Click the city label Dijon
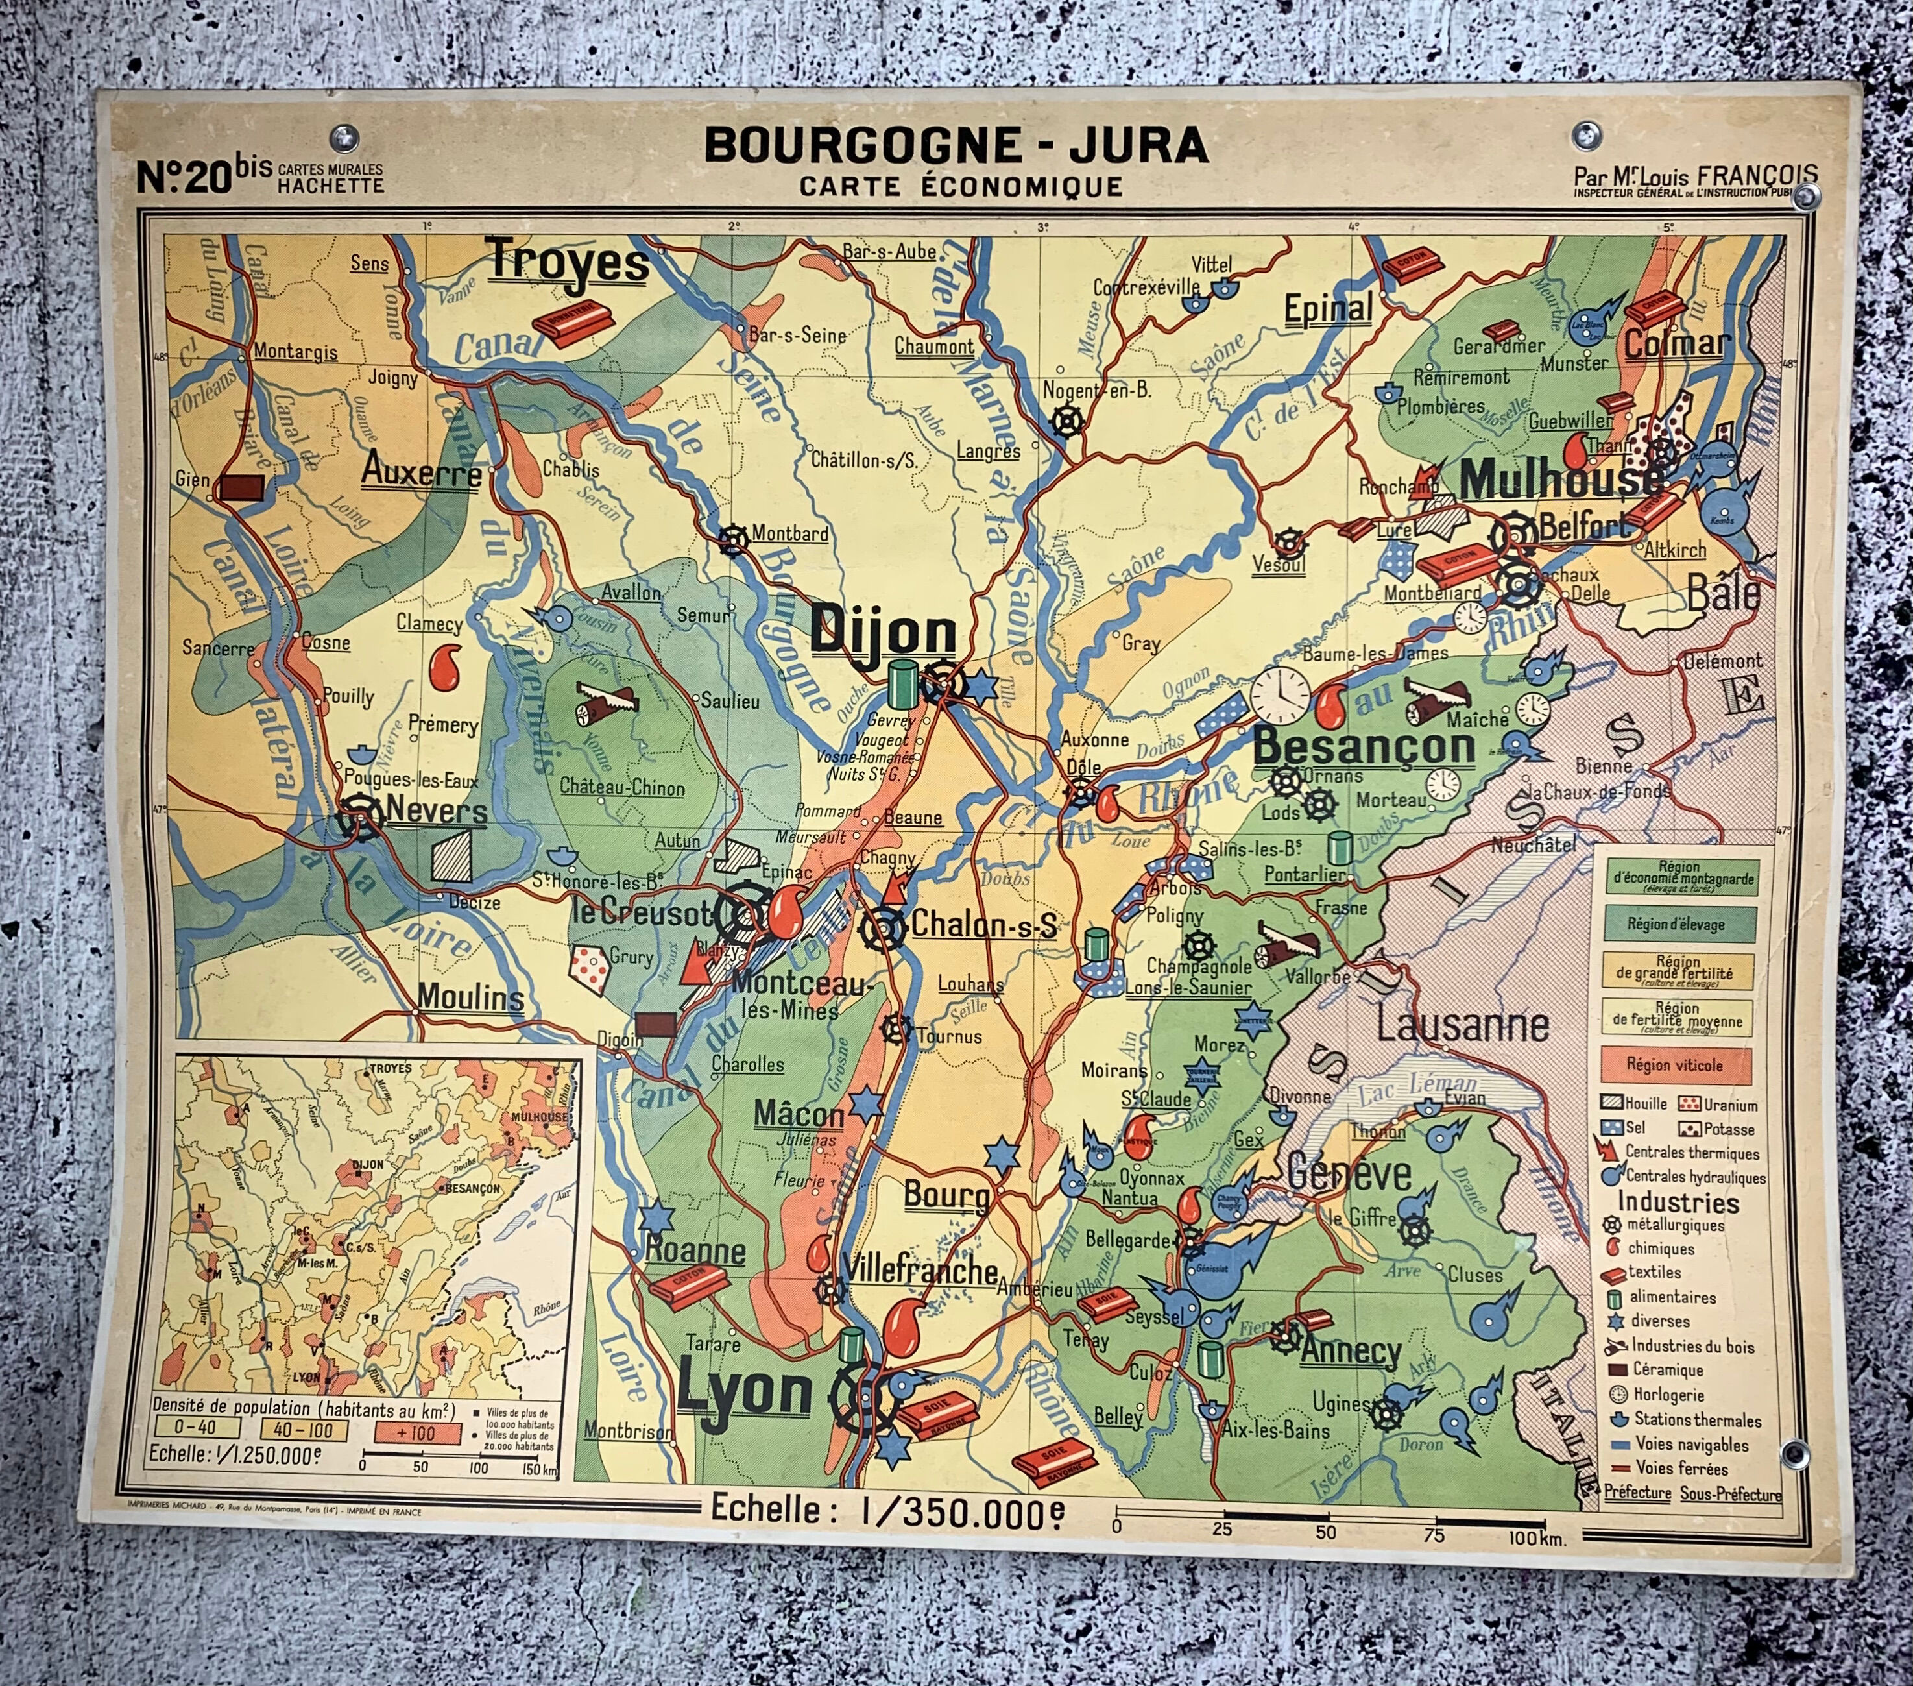pyautogui.click(x=883, y=630)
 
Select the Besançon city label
pyautogui.click(x=1364, y=746)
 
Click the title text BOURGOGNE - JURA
pyautogui.click(x=955, y=145)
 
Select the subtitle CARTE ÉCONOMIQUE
pyautogui.click(x=961, y=186)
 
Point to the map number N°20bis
pyautogui.click(x=203, y=174)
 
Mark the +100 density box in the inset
pyautogui.click(x=416, y=1432)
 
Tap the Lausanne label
pyautogui.click(x=1462, y=1026)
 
